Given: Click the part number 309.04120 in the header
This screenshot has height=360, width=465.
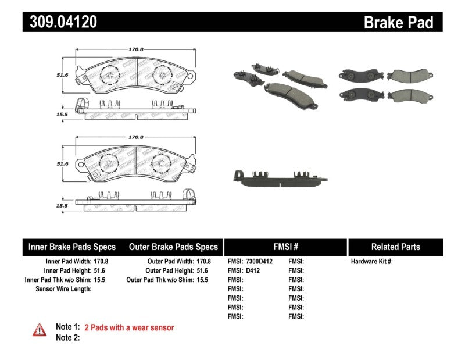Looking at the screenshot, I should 60,22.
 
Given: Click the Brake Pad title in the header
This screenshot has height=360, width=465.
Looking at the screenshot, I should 398,23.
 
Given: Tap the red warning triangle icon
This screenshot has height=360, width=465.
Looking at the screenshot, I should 39,330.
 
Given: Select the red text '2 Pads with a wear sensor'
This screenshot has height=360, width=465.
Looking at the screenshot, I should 129,327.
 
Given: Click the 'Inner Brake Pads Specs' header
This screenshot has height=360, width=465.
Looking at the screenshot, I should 72,247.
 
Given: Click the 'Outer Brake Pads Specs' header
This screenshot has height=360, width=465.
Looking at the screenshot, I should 173,247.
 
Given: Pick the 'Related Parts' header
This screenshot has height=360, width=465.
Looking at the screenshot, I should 395,247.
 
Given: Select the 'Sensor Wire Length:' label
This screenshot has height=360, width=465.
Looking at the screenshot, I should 63,288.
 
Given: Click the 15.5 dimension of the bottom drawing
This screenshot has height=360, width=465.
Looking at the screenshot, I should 62,206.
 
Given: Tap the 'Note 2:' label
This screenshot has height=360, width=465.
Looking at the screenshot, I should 67,337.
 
